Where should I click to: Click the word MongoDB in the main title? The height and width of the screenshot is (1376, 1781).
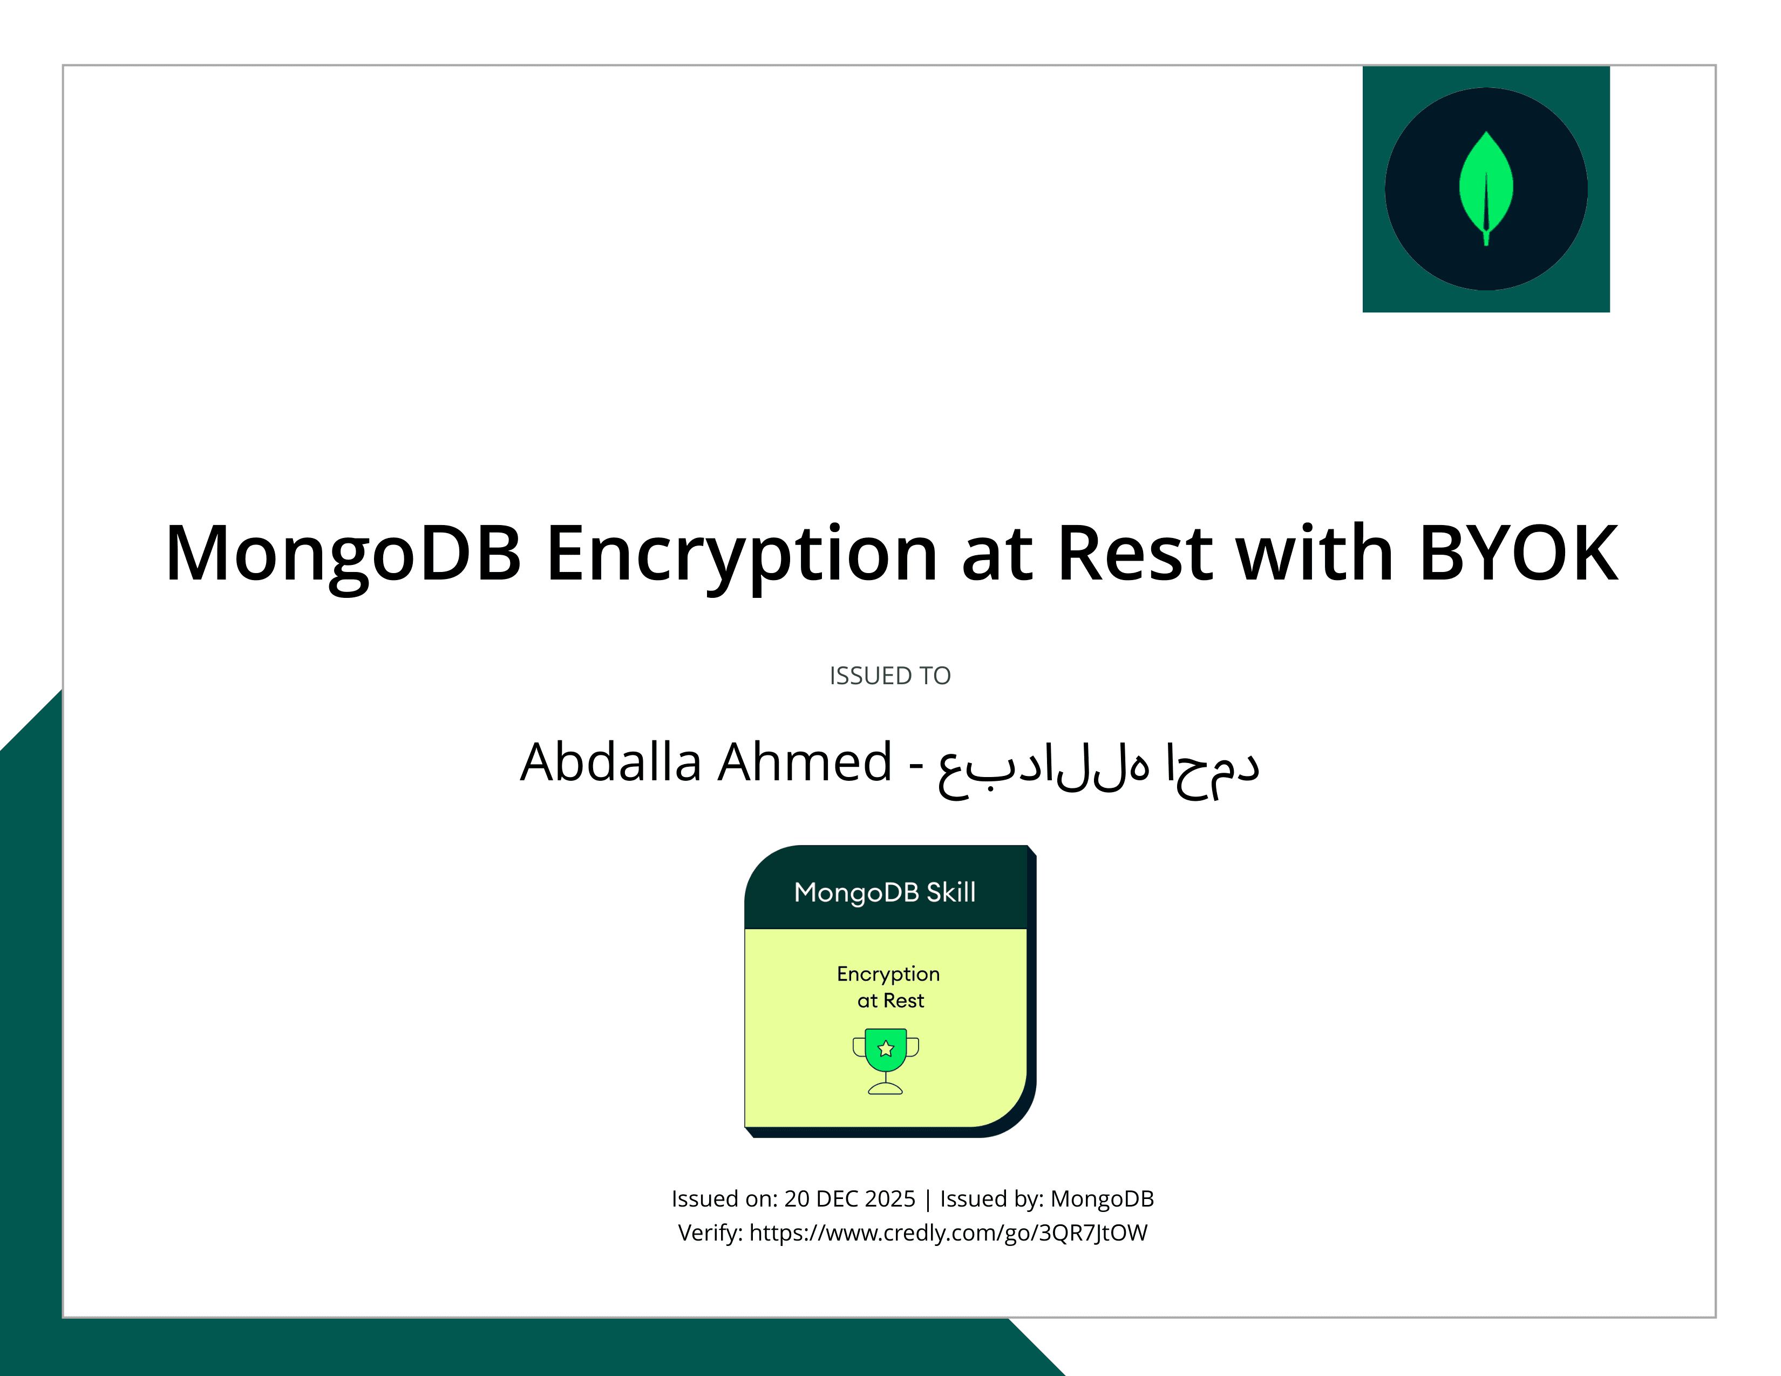click(343, 554)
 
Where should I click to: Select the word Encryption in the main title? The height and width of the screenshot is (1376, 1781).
click(742, 554)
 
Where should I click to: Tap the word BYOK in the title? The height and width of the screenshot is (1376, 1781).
click(1518, 554)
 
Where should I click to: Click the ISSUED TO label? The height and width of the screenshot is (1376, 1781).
click(889, 676)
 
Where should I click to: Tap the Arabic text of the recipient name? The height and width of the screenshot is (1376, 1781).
click(1098, 766)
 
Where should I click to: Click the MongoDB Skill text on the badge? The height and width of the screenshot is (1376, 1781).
click(885, 892)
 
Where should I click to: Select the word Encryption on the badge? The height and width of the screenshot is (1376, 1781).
click(888, 974)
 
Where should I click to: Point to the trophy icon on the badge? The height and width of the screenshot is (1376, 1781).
click(886, 1060)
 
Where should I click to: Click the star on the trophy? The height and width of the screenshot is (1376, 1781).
click(886, 1048)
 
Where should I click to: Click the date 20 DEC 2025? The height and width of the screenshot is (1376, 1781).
click(849, 1198)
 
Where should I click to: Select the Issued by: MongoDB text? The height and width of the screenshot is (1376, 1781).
click(1046, 1198)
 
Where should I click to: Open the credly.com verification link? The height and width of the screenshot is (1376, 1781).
click(948, 1232)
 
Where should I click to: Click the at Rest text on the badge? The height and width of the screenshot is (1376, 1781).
click(890, 1000)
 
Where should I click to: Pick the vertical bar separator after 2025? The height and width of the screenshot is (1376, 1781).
click(927, 1199)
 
